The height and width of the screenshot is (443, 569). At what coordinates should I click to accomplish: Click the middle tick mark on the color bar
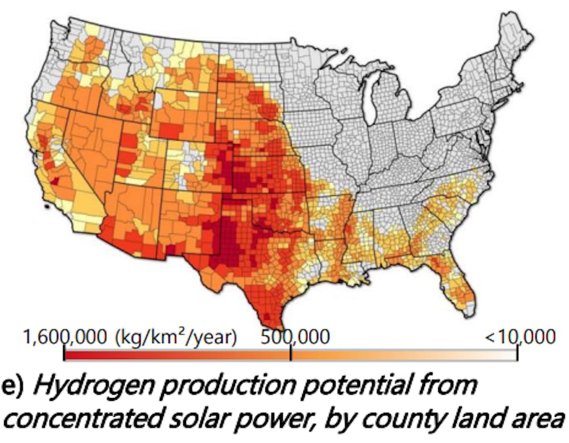pyautogui.click(x=291, y=354)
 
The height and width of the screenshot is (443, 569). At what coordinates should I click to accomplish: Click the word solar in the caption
pyautogui.click(x=218, y=420)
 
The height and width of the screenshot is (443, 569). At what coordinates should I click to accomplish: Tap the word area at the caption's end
pyautogui.click(x=538, y=420)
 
